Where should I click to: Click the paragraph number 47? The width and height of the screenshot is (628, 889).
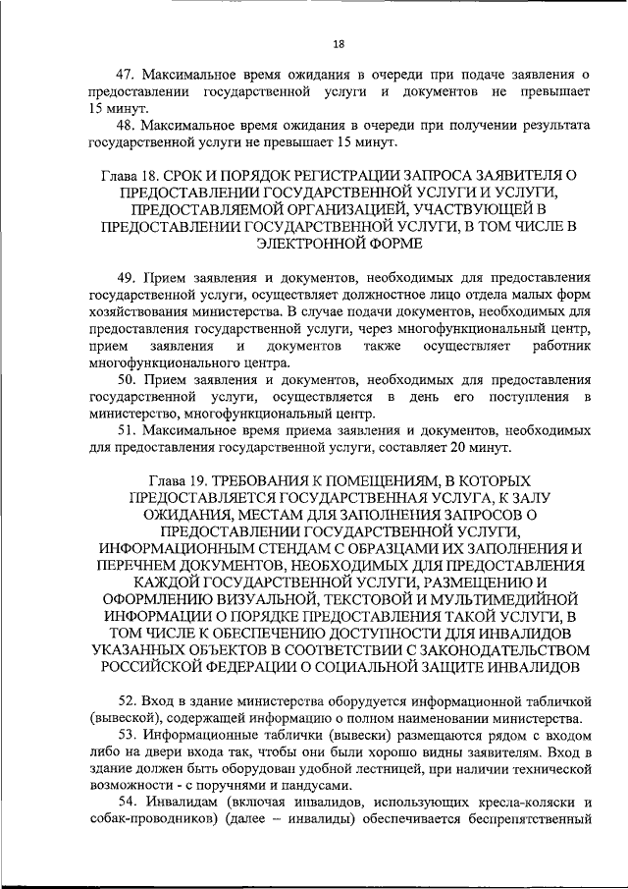(125, 74)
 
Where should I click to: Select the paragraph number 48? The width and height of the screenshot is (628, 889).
(125, 126)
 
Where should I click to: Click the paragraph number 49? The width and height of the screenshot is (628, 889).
(125, 278)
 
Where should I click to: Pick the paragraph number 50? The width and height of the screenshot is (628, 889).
(125, 380)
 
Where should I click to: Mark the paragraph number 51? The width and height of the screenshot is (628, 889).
(125, 431)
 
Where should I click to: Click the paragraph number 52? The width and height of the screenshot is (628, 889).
(125, 700)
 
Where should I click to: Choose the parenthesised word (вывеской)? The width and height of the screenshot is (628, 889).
(124, 717)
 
